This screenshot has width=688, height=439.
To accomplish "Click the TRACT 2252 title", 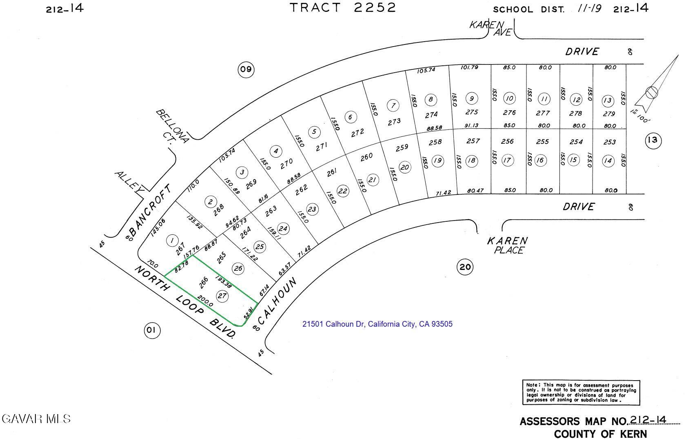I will [x=343, y=8].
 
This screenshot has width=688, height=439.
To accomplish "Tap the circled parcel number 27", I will [x=222, y=296].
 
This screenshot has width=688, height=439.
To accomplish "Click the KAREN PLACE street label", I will [x=508, y=245].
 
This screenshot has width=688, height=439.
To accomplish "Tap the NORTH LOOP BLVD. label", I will [x=186, y=302].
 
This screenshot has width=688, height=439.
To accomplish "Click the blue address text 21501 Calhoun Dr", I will [x=377, y=324].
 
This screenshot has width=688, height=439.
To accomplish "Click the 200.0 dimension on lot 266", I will [x=205, y=301].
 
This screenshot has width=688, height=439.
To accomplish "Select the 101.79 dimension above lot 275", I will [x=469, y=67].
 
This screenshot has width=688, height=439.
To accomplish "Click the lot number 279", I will [x=608, y=114].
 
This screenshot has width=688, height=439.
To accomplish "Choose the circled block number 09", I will [x=246, y=70].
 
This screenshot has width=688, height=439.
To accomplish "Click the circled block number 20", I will [x=465, y=267].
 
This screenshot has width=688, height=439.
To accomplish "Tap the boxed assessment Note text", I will [x=581, y=392].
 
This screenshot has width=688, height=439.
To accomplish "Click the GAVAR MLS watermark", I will [x=36, y=419].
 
